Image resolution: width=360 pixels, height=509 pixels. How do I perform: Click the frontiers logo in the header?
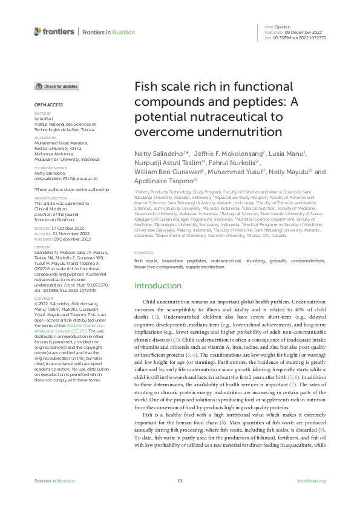click(x=54, y=31)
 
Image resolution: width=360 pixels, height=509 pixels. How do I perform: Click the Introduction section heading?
click(x=158, y=285)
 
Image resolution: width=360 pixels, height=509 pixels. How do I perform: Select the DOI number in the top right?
click(x=300, y=36)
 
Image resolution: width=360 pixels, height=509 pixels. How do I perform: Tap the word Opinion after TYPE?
click(x=283, y=27)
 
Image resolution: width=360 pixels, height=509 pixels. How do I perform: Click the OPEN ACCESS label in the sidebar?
click(x=48, y=105)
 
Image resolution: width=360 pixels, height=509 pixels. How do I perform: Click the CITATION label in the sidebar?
click(x=42, y=247)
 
